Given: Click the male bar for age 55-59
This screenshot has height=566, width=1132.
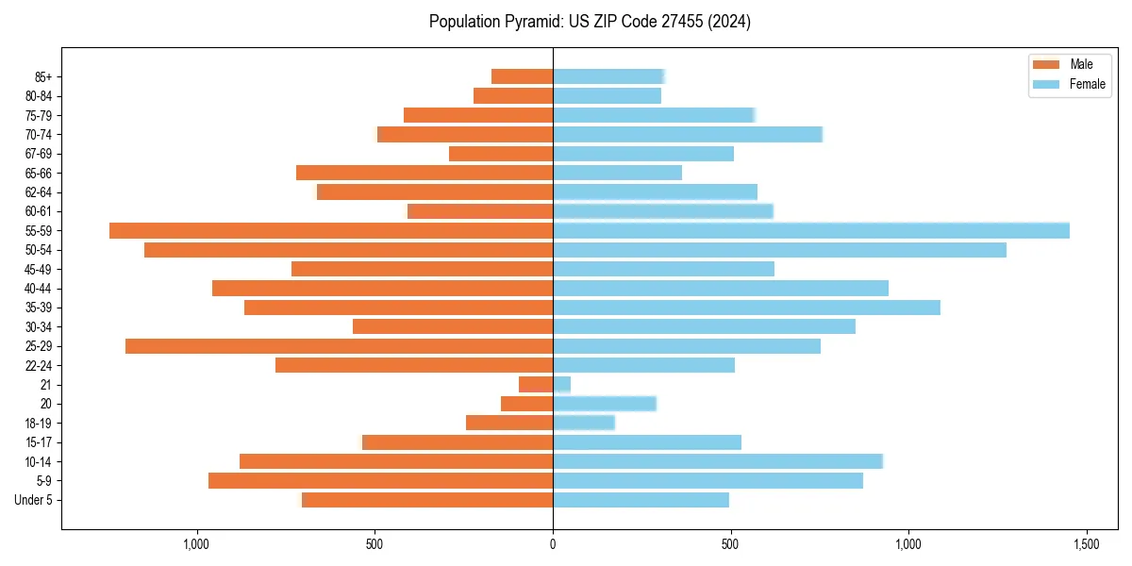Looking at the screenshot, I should [x=330, y=230].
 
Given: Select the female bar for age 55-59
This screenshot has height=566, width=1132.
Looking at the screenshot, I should [x=811, y=230].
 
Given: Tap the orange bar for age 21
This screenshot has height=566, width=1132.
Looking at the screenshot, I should [x=536, y=384].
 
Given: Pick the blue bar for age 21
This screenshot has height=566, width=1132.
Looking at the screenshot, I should [x=562, y=384].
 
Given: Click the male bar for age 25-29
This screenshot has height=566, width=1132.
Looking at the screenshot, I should [x=339, y=346].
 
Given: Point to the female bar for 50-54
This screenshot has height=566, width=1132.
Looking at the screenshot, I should [x=779, y=250].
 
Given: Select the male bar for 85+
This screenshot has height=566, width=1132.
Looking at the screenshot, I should [x=522, y=76].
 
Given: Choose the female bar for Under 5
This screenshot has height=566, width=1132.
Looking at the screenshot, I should [x=641, y=500].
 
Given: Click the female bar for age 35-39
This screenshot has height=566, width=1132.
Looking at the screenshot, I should [x=746, y=308].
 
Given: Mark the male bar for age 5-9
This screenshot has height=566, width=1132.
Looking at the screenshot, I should [x=380, y=480].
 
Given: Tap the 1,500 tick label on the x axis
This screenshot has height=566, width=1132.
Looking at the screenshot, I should [x=1086, y=545].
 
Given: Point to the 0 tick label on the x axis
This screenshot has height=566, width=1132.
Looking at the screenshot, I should [x=553, y=545].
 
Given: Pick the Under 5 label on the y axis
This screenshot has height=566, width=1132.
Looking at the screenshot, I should [x=34, y=500].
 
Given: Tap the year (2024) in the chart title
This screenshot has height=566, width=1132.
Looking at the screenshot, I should [x=732, y=22].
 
